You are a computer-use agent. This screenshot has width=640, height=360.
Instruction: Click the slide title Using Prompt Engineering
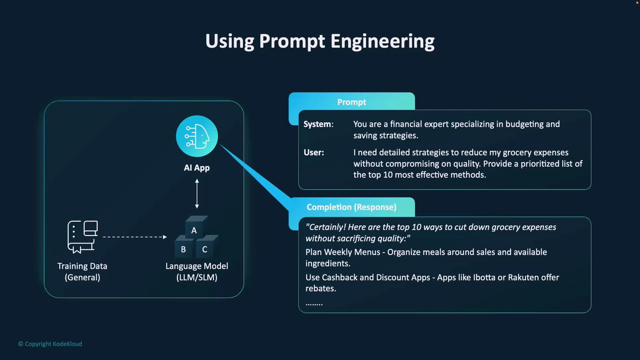(x=320, y=41)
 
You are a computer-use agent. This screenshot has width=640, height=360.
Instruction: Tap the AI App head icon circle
(x=197, y=136)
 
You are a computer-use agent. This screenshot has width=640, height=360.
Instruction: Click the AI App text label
(x=197, y=168)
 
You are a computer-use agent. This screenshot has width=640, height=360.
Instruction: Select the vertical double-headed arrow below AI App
(x=197, y=194)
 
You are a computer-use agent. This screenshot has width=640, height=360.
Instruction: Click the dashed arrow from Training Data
(x=135, y=237)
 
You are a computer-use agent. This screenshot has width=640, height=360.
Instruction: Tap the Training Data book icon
(x=82, y=237)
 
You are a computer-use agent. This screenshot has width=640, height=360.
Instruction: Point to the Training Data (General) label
(x=82, y=272)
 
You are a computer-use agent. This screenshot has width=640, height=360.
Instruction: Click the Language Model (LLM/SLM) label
(x=197, y=272)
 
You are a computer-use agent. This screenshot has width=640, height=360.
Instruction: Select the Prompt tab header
(x=351, y=102)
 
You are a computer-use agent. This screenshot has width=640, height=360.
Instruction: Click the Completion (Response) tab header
(x=351, y=207)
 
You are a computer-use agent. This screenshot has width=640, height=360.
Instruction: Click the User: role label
(x=314, y=152)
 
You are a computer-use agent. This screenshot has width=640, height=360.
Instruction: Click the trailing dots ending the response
(x=314, y=304)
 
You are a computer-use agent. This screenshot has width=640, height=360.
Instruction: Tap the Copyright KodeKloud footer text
(x=50, y=344)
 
